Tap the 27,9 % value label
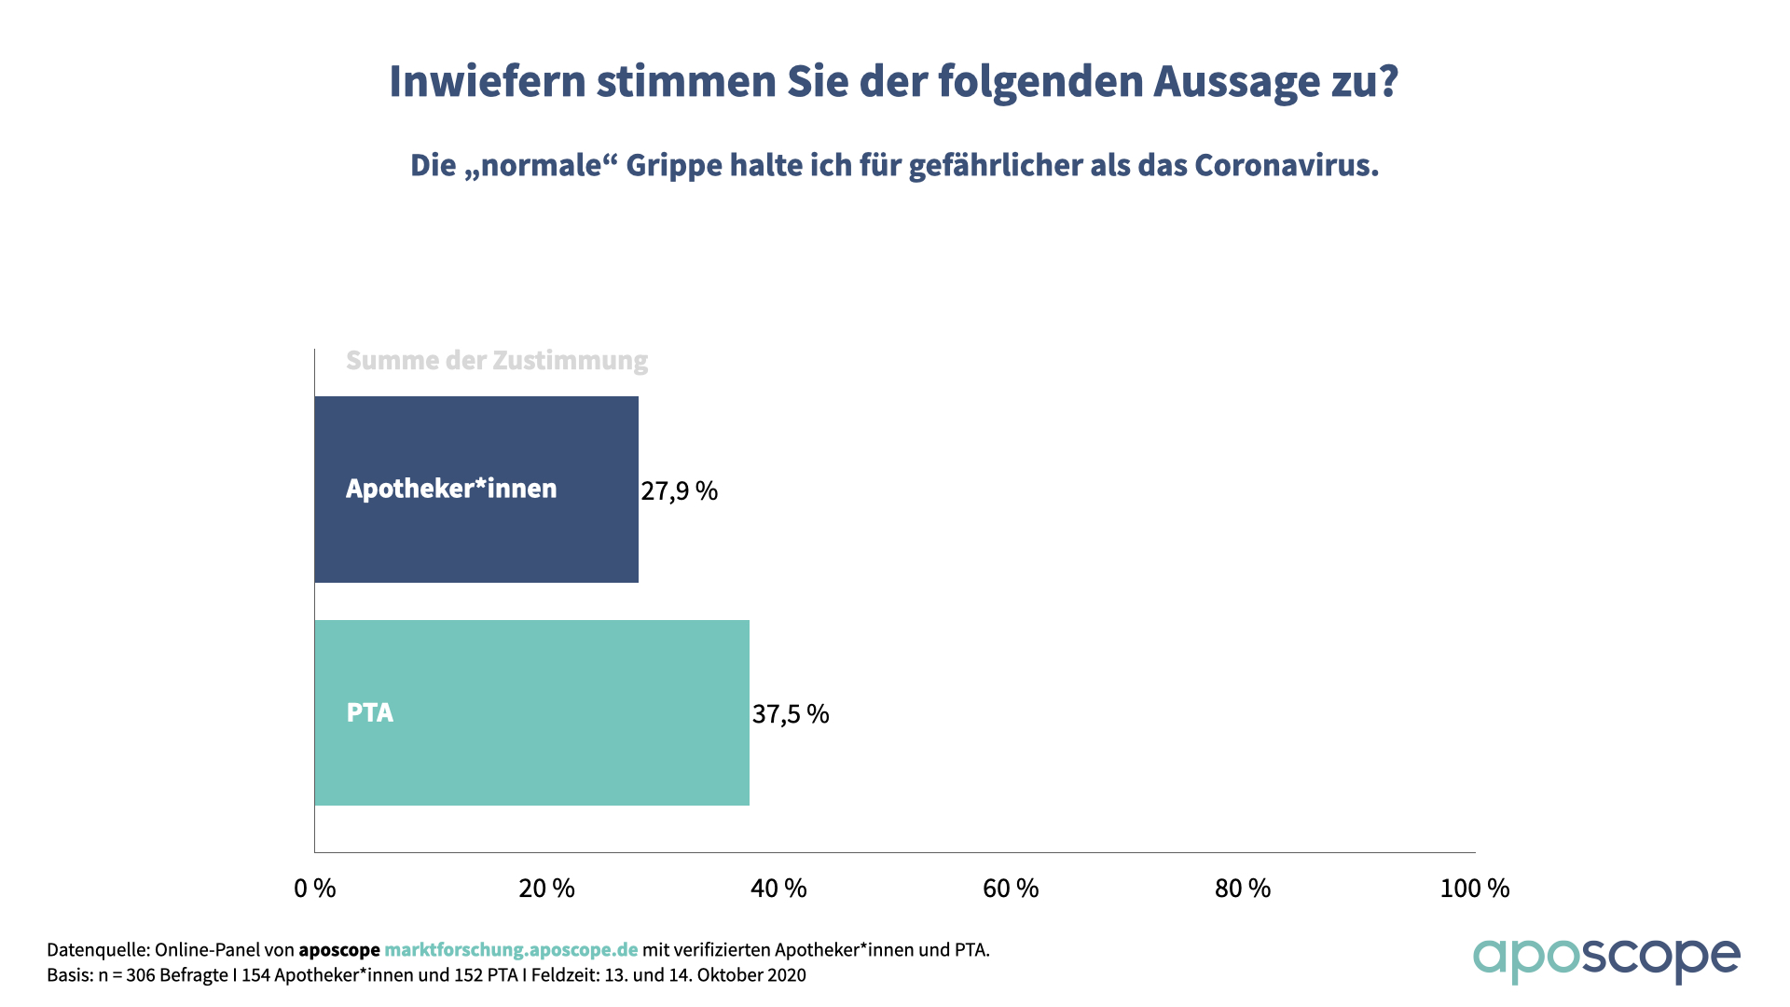point(679,490)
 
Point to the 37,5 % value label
point(791,714)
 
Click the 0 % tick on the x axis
point(315,889)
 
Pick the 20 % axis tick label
point(546,889)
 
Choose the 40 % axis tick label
point(778,889)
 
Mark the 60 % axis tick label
point(1011,889)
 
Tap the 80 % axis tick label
point(1243,889)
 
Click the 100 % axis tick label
point(1475,889)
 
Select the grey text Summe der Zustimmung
point(497,361)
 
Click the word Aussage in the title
point(1234,82)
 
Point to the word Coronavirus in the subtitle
point(1287,165)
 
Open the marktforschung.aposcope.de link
point(511,950)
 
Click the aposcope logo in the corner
point(1606,959)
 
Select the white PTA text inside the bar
point(370,713)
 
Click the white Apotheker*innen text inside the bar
point(451,489)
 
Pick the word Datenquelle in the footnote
point(96,950)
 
